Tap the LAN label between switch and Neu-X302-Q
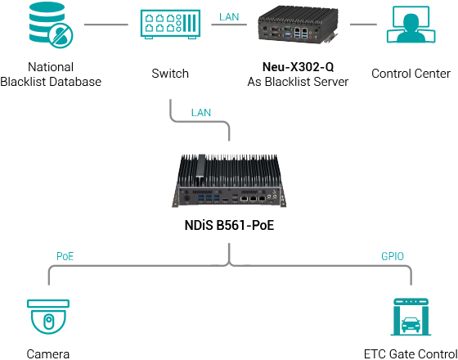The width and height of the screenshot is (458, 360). (x=230, y=16)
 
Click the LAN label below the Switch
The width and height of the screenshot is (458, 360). (x=200, y=111)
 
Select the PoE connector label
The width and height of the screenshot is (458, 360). (x=65, y=256)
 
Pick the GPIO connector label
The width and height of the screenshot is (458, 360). (x=393, y=256)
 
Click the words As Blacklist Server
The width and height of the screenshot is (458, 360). (x=298, y=82)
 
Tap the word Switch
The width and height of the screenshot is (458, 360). (x=170, y=74)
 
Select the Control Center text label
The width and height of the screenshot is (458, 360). (x=411, y=74)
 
